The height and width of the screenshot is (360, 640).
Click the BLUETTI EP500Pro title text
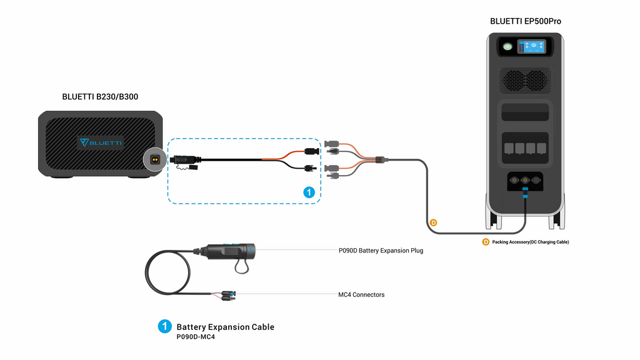point(525,21)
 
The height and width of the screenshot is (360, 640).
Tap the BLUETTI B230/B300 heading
point(100,97)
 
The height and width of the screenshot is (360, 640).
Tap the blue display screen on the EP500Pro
point(531,47)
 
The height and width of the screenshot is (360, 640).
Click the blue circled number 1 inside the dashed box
point(308,192)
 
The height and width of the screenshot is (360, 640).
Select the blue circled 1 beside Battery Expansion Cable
point(164,327)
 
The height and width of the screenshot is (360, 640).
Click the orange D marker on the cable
point(432,222)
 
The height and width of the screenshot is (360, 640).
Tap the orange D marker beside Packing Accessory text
point(485,242)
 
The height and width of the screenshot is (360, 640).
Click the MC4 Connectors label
point(361,294)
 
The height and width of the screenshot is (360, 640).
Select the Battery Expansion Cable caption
point(225,327)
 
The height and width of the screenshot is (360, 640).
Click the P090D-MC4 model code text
point(196,337)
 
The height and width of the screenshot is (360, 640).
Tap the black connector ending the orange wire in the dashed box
point(309,151)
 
